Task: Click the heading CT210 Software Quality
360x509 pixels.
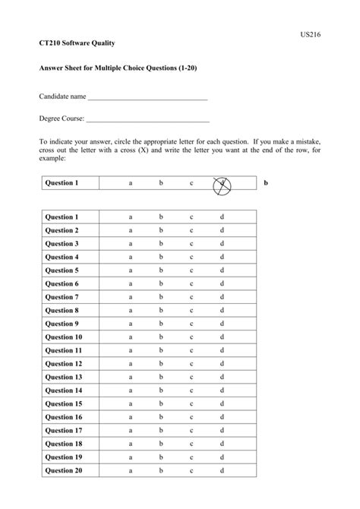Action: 77,46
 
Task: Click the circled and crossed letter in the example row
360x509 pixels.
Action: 223,183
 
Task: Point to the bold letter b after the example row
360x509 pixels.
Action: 266,183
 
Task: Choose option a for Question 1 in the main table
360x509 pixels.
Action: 131,217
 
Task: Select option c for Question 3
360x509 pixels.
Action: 191,244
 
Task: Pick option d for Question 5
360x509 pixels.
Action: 222,270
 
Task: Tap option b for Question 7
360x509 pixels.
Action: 161,297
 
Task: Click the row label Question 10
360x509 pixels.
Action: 64,337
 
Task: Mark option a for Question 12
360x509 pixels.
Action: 131,364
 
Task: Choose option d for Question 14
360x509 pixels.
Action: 222,390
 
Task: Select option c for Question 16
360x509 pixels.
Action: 191,417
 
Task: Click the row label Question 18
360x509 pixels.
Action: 64,444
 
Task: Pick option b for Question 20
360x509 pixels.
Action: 161,471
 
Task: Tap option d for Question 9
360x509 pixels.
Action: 222,324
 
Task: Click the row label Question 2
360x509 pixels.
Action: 62,230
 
